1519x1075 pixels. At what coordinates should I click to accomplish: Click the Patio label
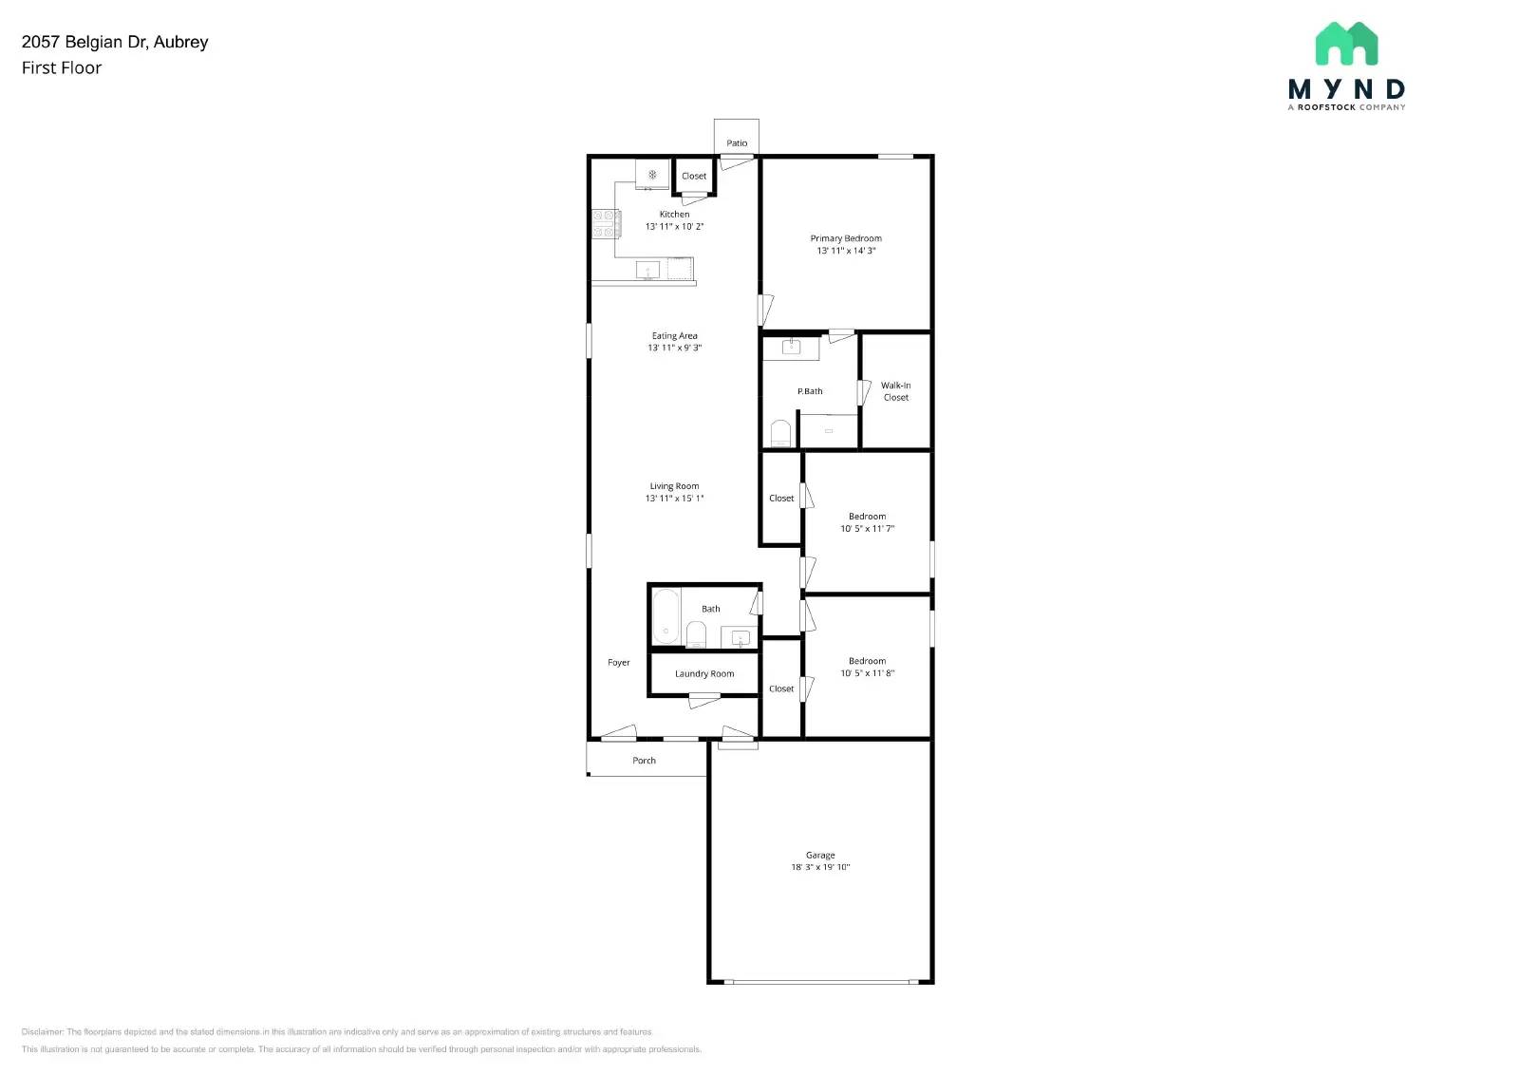[x=737, y=143]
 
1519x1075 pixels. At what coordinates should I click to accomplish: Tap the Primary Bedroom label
[x=846, y=238]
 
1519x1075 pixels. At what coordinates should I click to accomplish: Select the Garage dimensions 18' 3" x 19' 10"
[x=820, y=867]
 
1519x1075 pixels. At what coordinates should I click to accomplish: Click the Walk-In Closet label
[x=895, y=391]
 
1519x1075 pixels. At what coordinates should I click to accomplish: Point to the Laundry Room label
[x=704, y=674]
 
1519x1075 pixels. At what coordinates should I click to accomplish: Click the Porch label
[x=644, y=761]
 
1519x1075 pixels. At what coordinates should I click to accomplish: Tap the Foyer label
[x=618, y=663]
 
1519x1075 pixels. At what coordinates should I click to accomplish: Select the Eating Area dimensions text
[x=674, y=349]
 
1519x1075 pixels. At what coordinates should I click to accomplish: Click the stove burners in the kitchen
[x=605, y=224]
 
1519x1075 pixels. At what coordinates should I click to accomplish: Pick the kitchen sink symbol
[x=647, y=271]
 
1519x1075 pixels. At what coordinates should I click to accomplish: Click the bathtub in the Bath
[x=666, y=616]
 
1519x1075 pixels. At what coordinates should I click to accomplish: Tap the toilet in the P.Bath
[x=780, y=434]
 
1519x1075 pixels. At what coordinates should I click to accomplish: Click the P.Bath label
[x=810, y=391]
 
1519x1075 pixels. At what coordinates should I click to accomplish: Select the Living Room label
[x=674, y=486]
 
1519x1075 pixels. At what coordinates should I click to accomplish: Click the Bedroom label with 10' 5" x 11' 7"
[x=867, y=517]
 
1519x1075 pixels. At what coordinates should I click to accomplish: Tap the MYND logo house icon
[x=1346, y=44]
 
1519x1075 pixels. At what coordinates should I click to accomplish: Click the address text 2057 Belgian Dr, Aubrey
[x=115, y=42]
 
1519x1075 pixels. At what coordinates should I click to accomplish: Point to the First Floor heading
[x=62, y=67]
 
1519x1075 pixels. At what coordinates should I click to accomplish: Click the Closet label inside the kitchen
[x=694, y=176]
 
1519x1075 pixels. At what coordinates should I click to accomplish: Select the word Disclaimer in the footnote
[x=42, y=1031]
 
